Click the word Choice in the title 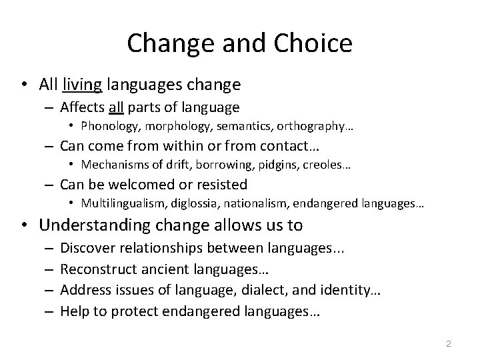[x=313, y=43]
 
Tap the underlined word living [x=82, y=85]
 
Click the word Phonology [x=107, y=125]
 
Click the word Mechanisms [x=109, y=164]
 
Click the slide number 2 [x=449, y=343]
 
